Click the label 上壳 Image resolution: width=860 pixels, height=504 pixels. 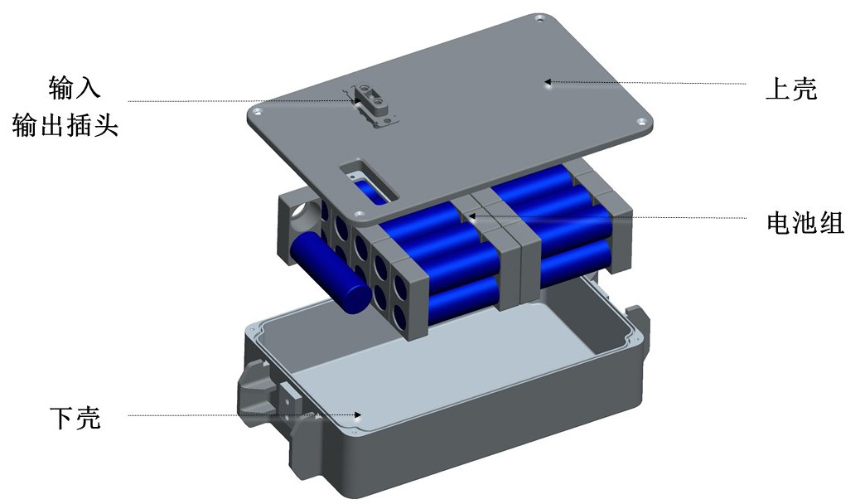(791, 89)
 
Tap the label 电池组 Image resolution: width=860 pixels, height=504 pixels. (805, 223)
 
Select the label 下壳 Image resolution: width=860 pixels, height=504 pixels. (75, 418)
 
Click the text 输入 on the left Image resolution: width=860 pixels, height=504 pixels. (75, 88)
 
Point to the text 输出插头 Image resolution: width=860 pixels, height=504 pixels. (65, 125)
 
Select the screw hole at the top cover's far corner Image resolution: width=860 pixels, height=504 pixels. (539, 19)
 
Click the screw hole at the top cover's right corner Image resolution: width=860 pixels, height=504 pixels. (640, 121)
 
